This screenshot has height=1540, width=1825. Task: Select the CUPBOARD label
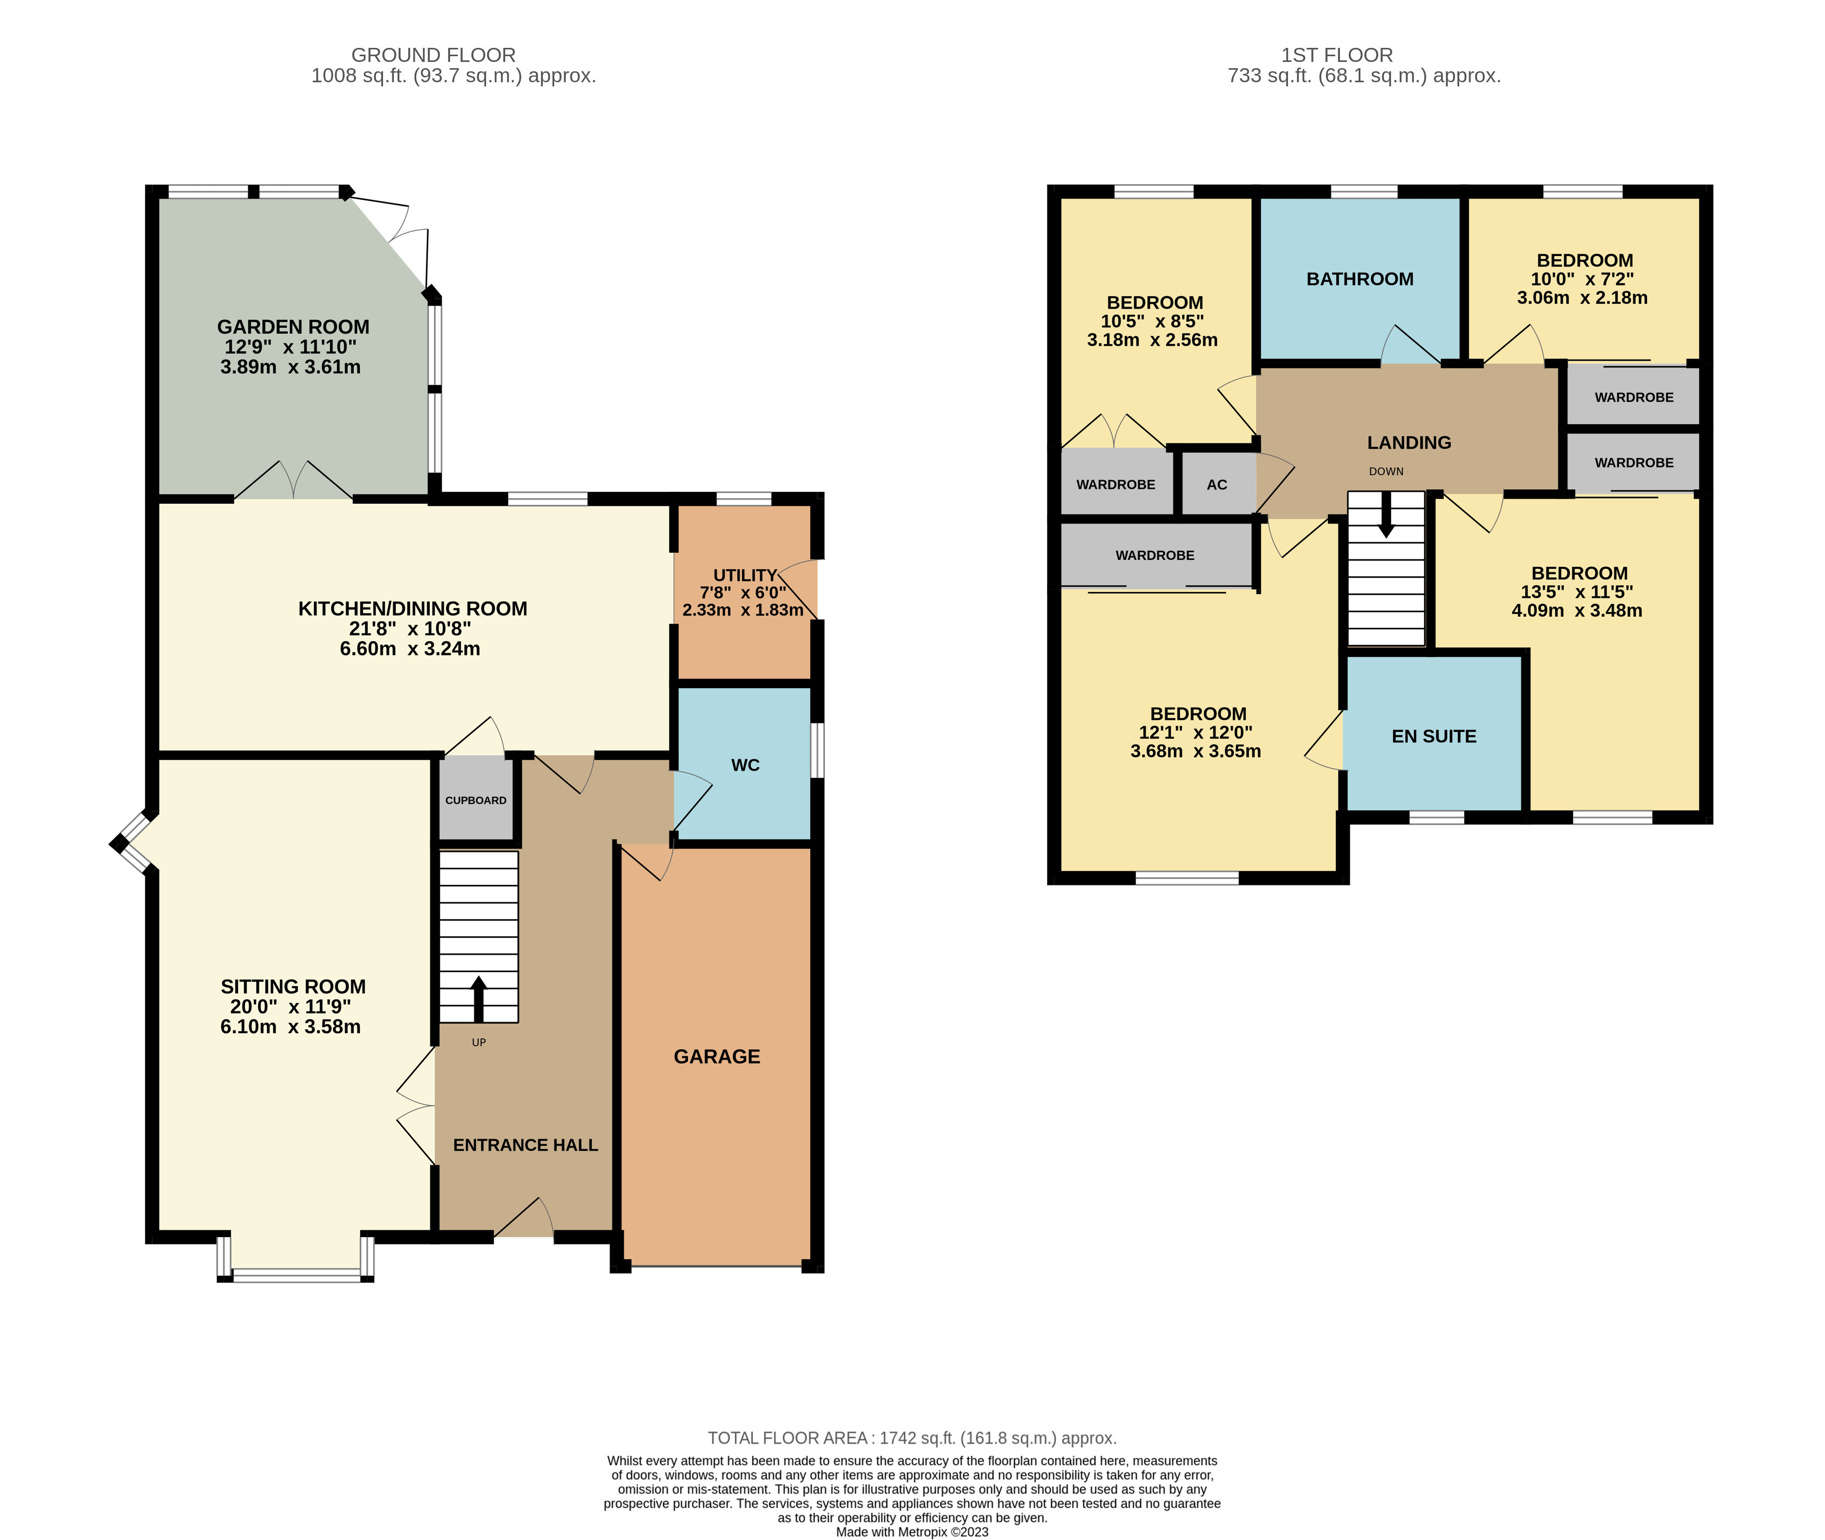click(x=476, y=800)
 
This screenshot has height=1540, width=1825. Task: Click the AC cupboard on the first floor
click(x=1217, y=485)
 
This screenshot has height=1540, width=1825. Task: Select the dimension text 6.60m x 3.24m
click(x=410, y=648)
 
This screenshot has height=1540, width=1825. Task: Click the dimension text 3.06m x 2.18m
click(x=1581, y=298)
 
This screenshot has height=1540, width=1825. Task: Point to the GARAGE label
click(x=717, y=1057)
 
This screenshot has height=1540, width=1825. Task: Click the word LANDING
click(x=1409, y=442)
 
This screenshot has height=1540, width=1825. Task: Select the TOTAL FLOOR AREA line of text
click(x=911, y=1438)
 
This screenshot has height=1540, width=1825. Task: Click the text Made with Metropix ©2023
click(x=911, y=1531)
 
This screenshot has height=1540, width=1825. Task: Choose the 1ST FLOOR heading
click(x=1336, y=55)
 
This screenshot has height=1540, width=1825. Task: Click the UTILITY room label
click(x=745, y=575)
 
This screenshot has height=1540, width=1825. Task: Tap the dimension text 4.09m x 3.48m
click(x=1576, y=611)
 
